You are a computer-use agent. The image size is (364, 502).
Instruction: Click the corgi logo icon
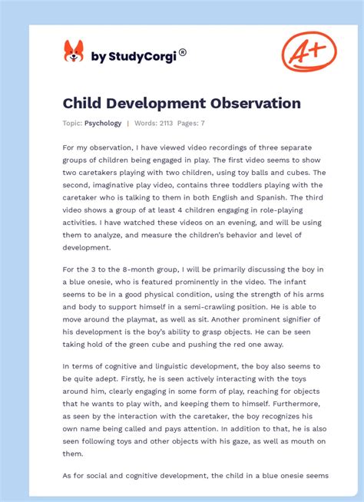[74, 51]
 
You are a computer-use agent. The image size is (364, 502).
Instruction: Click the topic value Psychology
[103, 123]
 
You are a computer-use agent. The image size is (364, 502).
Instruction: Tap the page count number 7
[202, 123]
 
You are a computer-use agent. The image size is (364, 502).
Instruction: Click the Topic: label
[72, 123]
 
